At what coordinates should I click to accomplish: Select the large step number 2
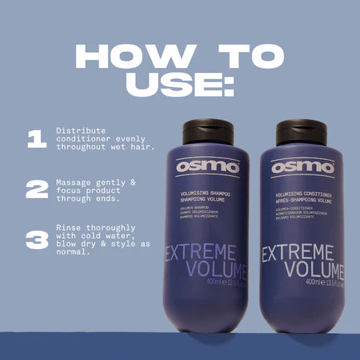click(37, 189)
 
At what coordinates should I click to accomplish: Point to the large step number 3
click(37, 240)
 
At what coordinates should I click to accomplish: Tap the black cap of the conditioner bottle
click(301, 131)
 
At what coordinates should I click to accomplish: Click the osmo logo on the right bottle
click(302, 167)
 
